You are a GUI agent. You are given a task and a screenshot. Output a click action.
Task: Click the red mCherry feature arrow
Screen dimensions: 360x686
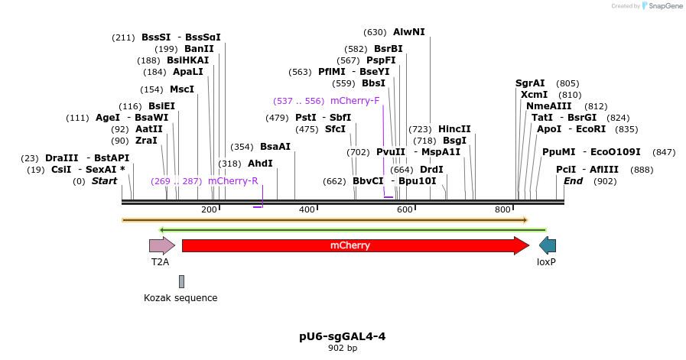[352, 245]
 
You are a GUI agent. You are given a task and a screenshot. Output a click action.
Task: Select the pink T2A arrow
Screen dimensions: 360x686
[161, 245]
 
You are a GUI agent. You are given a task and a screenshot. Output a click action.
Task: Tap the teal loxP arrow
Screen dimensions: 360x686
[548, 245]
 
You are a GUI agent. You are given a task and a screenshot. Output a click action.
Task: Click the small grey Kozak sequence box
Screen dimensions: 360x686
[181, 282]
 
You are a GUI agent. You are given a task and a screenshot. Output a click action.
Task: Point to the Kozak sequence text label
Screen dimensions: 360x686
[180, 298]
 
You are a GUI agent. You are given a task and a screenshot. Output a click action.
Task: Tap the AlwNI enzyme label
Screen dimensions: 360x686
[408, 32]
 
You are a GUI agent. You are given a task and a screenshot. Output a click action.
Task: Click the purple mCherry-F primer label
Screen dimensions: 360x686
[355, 101]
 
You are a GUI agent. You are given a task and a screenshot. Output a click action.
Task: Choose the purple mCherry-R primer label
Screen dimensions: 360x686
[232, 181]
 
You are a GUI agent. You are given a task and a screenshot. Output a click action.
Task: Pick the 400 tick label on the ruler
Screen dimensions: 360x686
[307, 209]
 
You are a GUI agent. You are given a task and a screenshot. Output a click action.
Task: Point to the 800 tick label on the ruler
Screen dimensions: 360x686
[502, 209]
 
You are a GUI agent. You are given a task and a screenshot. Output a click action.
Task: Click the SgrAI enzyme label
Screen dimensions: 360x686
[530, 83]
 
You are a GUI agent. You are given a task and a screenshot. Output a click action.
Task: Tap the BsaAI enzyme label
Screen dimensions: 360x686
[275, 147]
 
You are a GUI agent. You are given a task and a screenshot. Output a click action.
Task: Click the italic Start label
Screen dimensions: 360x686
[105, 181]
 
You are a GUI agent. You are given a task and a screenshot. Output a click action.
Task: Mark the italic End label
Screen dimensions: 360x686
[574, 181]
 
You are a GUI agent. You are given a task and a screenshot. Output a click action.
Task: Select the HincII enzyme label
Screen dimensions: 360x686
[454, 129]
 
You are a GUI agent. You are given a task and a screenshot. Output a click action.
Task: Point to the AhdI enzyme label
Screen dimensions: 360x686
[260, 164]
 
